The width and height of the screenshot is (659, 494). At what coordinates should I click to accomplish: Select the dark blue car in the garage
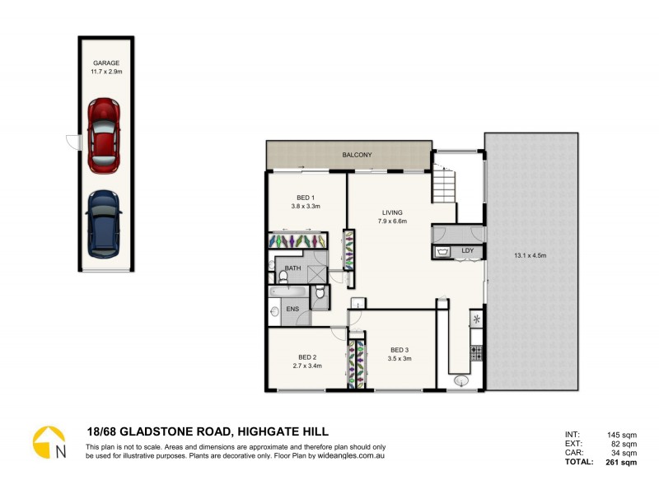click(x=104, y=223)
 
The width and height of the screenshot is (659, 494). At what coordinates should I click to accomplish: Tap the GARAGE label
click(x=106, y=63)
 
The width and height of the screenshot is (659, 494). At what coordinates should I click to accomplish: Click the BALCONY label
click(x=358, y=155)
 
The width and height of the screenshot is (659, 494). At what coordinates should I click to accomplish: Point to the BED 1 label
click(x=306, y=198)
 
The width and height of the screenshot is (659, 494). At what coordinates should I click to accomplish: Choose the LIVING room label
click(x=392, y=212)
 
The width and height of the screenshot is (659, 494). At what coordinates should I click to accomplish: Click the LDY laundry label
click(x=467, y=249)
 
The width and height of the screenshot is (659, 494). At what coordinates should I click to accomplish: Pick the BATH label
click(x=292, y=268)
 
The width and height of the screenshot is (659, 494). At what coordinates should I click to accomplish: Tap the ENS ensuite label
click(x=292, y=310)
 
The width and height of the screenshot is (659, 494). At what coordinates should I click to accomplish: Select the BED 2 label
click(x=306, y=357)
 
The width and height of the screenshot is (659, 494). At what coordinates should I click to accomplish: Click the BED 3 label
click(x=400, y=349)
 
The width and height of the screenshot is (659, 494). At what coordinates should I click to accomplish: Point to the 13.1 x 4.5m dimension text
click(x=530, y=255)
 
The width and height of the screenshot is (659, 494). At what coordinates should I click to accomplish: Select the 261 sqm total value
click(x=623, y=463)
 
